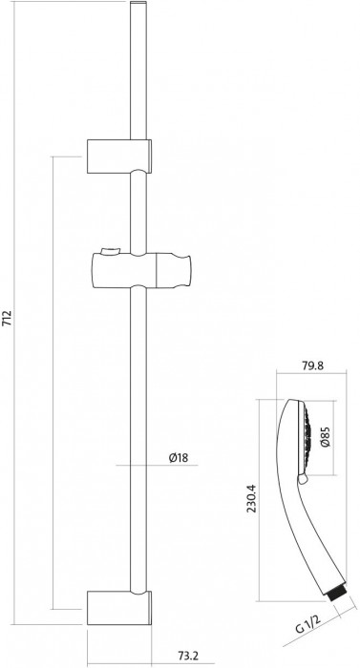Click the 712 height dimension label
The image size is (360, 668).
click(x=8, y=318)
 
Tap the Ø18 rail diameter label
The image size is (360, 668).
click(x=178, y=458)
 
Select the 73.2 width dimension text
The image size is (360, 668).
click(x=188, y=656)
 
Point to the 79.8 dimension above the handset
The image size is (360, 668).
click(x=312, y=365)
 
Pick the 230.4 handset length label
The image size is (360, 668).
click(x=252, y=498)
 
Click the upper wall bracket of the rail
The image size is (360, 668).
click(x=119, y=156)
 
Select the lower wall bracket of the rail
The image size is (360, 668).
click(x=119, y=608)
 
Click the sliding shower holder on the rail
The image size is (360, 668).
click(x=141, y=270)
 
